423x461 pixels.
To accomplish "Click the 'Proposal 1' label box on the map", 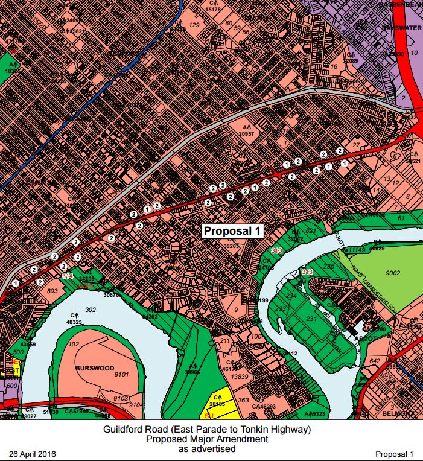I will pyautogui.click(x=232, y=230).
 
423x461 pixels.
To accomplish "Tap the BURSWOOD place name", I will pyautogui.click(x=91, y=367).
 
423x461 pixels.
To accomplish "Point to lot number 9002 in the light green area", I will pyautogui.click(x=393, y=273).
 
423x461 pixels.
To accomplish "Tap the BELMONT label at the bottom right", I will pyautogui.click(x=398, y=414).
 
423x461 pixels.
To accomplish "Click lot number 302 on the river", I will pyautogui.click(x=91, y=310).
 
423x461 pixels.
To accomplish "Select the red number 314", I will pyautogui.click(x=68, y=275).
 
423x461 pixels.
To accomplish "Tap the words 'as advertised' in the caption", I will pyautogui.click(x=206, y=448).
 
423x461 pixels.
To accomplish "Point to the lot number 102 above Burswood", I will pyautogui.click(x=74, y=345).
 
